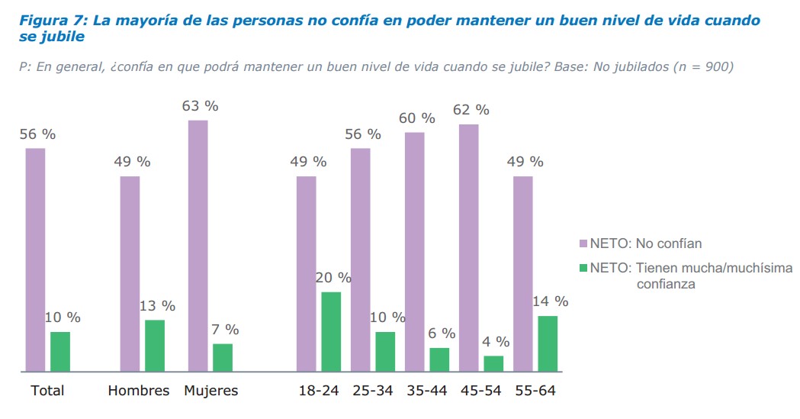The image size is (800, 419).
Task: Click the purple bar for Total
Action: point(35,259)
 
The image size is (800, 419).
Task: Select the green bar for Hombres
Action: point(155,345)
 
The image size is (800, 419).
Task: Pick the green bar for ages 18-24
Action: point(331,331)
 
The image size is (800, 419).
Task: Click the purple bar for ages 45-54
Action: point(469,247)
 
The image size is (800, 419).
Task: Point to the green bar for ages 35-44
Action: point(439,359)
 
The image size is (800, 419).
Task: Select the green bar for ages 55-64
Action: point(548,343)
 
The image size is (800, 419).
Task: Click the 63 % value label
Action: point(200,106)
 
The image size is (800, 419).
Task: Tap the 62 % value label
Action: point(471,110)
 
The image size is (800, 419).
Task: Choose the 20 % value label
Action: point(333,278)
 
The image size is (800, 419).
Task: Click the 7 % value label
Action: point(224,330)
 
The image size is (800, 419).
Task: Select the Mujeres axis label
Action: point(210,391)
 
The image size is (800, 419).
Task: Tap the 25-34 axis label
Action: point(373,391)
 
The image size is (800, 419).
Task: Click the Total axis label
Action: point(47,391)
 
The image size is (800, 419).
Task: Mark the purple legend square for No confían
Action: point(583,243)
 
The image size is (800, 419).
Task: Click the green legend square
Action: point(583,268)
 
